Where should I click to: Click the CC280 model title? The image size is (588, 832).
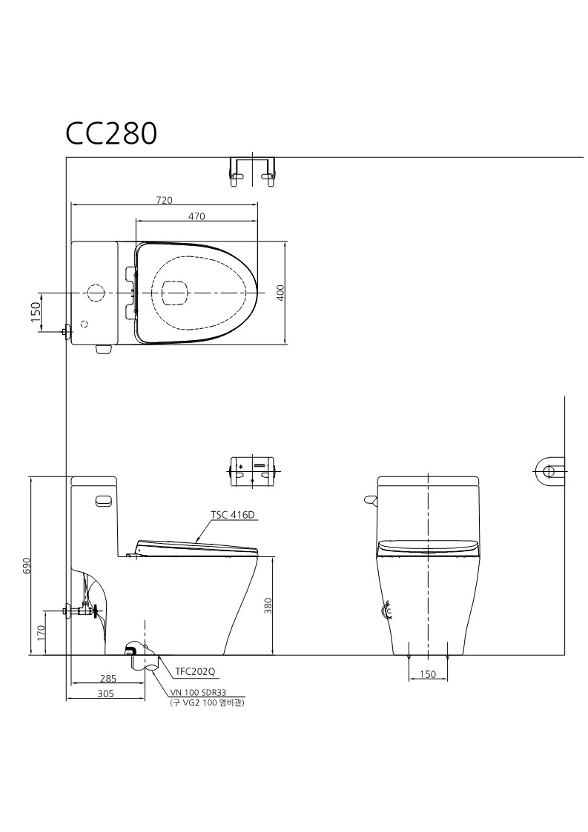(x=111, y=133)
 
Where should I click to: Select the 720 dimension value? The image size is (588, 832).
(x=164, y=200)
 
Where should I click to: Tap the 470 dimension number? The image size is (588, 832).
(x=196, y=216)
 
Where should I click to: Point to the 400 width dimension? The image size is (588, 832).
(x=281, y=293)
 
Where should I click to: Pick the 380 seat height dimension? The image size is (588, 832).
(x=268, y=605)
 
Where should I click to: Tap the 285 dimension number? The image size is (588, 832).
(x=108, y=678)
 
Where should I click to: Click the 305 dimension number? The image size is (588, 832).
(x=105, y=693)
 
